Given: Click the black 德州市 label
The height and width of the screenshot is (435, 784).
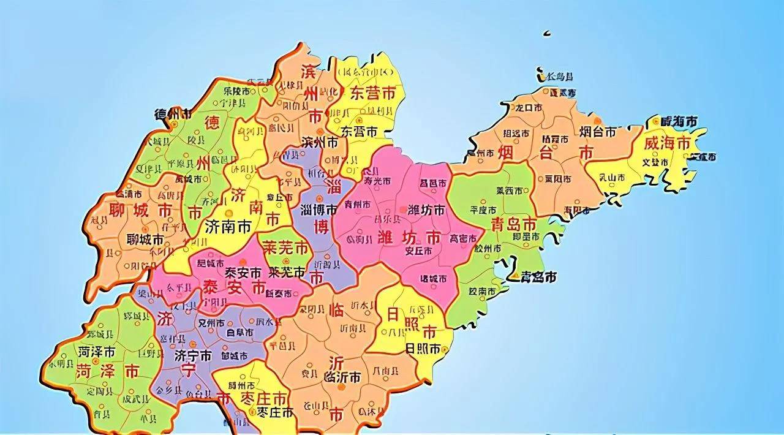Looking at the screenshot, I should [x=172, y=114].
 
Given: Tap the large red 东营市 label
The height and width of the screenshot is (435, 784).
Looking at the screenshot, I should [x=372, y=93].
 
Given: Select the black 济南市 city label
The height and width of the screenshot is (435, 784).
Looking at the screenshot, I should [x=228, y=227].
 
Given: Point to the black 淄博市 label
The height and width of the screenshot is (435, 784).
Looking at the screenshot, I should [x=318, y=209].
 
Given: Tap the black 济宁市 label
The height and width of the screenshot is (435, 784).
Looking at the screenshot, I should [x=194, y=355].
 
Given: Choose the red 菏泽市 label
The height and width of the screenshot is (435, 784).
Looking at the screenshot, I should [x=107, y=371].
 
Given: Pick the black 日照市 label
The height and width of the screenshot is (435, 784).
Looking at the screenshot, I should [x=423, y=350].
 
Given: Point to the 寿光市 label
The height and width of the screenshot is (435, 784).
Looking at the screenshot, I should [x=377, y=181].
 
